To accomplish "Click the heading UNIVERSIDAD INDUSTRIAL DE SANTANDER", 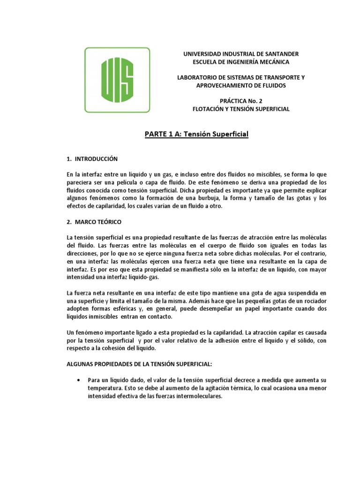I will [x=241, y=54].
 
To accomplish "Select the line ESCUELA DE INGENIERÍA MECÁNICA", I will [x=241, y=62].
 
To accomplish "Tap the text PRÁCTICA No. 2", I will [x=241, y=101].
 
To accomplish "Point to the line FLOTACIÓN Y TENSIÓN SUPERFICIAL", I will [x=241, y=109].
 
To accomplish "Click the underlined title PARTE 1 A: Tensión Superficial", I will [x=195, y=135].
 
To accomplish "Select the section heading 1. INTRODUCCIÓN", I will [x=92, y=159].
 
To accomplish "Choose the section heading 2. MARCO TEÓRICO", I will [x=94, y=221].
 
